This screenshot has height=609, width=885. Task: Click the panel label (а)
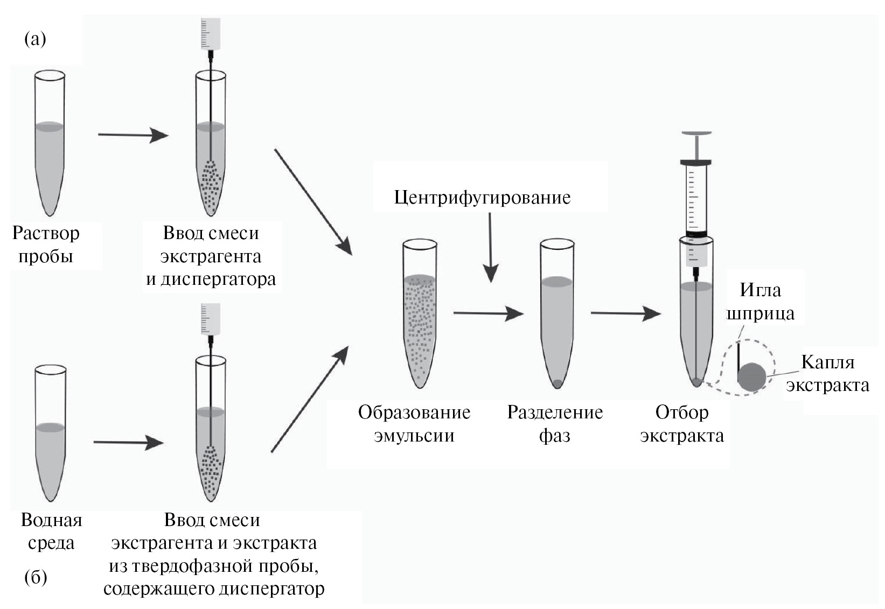pos(36,39)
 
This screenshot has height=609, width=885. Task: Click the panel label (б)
pos(36,578)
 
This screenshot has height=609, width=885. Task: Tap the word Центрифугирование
pos(482,197)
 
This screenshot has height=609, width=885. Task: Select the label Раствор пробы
pos(46,244)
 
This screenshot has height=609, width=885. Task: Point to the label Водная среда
pos(51,531)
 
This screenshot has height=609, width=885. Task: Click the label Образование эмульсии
pos(414,423)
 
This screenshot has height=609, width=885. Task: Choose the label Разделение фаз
pos(555,423)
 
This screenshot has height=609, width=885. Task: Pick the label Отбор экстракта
pos(681,423)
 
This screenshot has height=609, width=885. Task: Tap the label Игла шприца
pos(760,301)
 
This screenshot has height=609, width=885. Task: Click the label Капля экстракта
pos(827,373)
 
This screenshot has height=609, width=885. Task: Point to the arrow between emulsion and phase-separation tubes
pos(488,313)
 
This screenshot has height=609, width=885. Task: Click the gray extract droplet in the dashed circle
pos(751,377)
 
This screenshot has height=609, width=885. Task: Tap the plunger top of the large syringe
pos(696,133)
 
